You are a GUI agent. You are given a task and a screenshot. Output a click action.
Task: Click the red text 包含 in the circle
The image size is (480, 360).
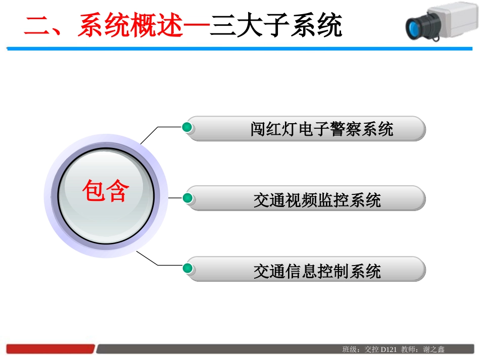[x=106, y=191]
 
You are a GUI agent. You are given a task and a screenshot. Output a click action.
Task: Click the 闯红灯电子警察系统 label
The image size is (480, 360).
[x=322, y=129]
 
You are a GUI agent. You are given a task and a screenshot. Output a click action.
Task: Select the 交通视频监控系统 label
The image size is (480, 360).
[x=317, y=200]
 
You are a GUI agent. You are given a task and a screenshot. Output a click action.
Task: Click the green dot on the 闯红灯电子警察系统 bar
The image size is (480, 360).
[x=187, y=127]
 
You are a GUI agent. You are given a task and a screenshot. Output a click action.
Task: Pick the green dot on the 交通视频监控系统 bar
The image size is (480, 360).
[x=187, y=197]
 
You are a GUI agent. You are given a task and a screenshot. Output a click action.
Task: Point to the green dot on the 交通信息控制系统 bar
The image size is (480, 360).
[x=187, y=268]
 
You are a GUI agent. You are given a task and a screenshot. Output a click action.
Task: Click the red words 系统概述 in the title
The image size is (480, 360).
[x=129, y=25]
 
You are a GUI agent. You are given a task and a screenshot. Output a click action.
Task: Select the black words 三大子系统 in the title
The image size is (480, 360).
[x=276, y=25]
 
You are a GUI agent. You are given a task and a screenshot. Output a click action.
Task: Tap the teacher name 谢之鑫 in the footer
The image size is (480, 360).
[x=434, y=349]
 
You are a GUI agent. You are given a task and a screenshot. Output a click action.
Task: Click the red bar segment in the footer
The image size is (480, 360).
[x=51, y=349]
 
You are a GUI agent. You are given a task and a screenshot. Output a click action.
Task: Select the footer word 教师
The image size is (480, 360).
[x=408, y=349]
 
